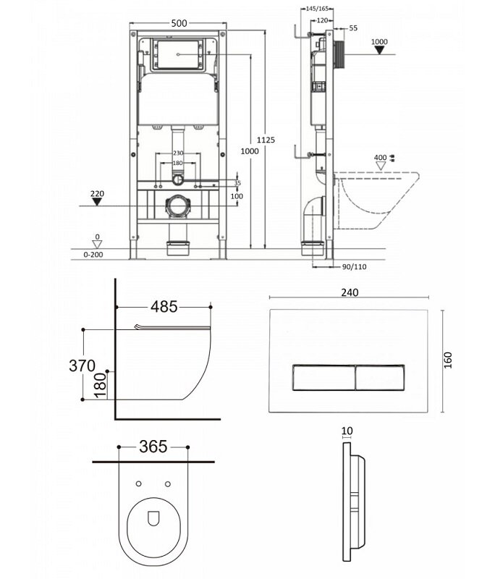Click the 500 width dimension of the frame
pyautogui.click(x=179, y=23)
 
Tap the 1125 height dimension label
pyautogui.click(x=266, y=140)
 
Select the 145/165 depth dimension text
pyautogui.click(x=317, y=9)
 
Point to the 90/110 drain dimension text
pyautogui.click(x=355, y=266)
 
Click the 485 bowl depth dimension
pyautogui.click(x=164, y=306)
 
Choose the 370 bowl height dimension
pyautogui.click(x=82, y=365)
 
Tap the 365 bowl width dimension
pyautogui.click(x=153, y=447)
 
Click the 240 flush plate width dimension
pyautogui.click(x=350, y=292)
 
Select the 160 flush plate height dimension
pyautogui.click(x=447, y=360)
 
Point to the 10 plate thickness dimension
pyautogui.click(x=347, y=431)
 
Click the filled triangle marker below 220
pyautogui.click(x=97, y=202)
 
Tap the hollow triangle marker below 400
pyautogui.click(x=380, y=166)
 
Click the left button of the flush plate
pyautogui.click(x=323, y=377)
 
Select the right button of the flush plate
pyautogui.click(x=380, y=377)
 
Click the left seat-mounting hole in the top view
pyautogui.click(x=139, y=483)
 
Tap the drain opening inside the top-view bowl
pyautogui.click(x=153, y=518)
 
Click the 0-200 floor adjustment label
pyautogui.click(x=93, y=255)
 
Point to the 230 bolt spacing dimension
pyautogui.click(x=178, y=153)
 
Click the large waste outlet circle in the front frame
pyautogui.click(x=178, y=206)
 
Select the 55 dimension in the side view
pyautogui.click(x=353, y=28)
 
